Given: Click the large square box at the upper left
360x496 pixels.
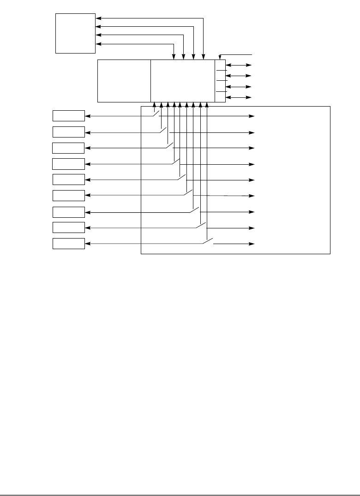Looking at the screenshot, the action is click(x=75, y=33).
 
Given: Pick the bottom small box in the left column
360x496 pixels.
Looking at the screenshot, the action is click(x=69, y=244).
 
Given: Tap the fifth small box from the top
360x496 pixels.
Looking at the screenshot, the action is click(x=69, y=179).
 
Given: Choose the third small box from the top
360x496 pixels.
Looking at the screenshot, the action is click(x=68, y=148).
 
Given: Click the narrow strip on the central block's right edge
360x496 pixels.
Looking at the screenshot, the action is click(x=220, y=81).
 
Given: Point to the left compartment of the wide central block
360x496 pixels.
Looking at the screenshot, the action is click(x=124, y=81).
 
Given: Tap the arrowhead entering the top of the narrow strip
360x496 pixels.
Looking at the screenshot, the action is click(x=220, y=57).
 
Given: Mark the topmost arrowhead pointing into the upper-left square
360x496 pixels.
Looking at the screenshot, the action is click(x=98, y=18).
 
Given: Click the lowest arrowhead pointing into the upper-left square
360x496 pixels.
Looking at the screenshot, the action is click(x=98, y=44).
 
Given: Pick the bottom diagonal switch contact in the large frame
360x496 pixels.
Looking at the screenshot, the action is click(x=208, y=240).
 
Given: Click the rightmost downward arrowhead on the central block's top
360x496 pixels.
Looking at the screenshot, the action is click(x=203, y=57).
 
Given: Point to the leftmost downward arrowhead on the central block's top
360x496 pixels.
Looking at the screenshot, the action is click(x=174, y=57).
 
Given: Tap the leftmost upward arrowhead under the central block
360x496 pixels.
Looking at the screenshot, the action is click(x=154, y=105).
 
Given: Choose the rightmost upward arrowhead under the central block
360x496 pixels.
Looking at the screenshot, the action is click(x=207, y=105).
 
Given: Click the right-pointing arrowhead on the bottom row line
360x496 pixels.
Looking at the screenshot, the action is click(x=252, y=244).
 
